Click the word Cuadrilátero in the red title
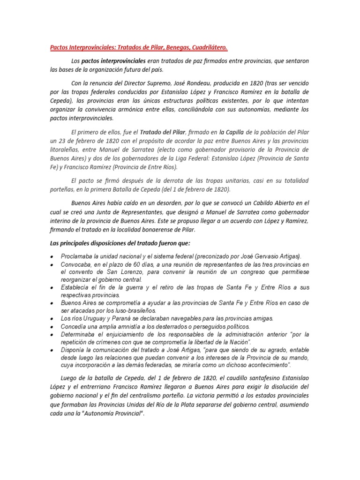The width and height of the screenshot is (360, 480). click(206, 48)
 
